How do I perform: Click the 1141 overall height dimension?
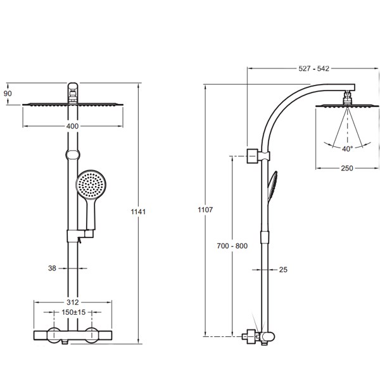point(138,212)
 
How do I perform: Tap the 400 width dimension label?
point(72,126)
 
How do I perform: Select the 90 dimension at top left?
point(8,93)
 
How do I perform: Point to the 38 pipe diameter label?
point(52,268)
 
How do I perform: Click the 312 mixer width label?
point(72,302)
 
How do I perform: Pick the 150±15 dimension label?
point(73,312)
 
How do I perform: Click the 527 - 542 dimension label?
point(313,68)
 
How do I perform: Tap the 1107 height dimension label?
point(205,210)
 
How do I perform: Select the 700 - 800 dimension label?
point(232,246)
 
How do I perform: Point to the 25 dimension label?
point(283,270)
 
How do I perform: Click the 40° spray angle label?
point(347,149)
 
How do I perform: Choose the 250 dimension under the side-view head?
point(347,168)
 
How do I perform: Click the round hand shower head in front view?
point(91,185)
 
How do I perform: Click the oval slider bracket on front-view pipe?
point(73,155)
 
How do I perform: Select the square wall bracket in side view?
point(252,156)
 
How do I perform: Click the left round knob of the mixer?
point(54,335)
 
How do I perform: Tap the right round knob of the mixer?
point(92,335)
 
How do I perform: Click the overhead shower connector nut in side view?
point(348,99)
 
